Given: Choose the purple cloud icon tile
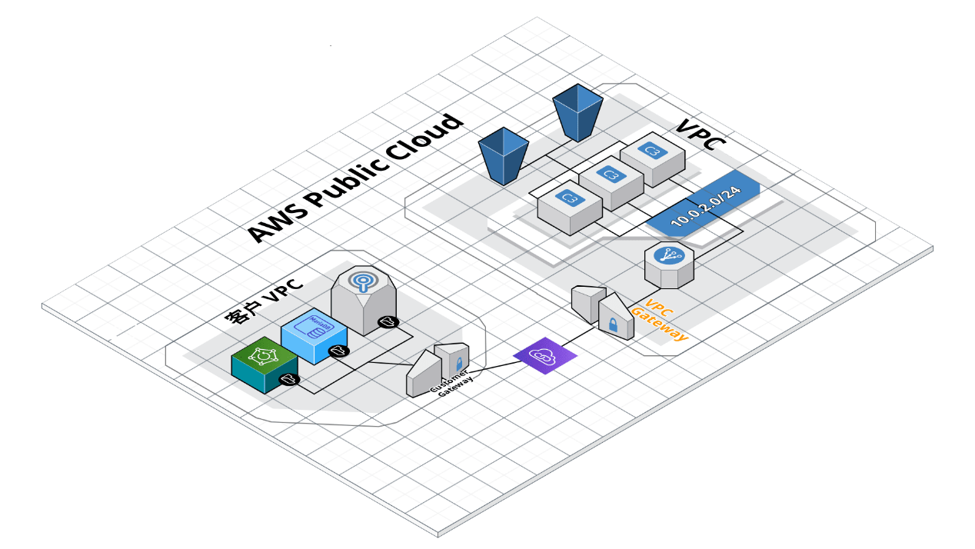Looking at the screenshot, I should click(x=544, y=356).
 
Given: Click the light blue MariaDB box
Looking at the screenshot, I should click(x=313, y=333).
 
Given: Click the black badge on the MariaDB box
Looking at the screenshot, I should click(x=338, y=351).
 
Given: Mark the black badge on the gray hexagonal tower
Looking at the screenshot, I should click(x=388, y=322).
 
